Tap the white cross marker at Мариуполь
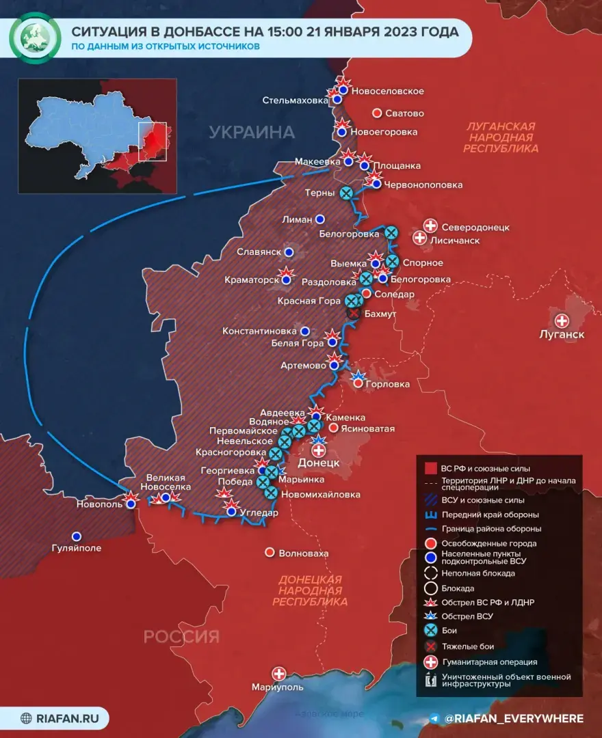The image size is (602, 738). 278,673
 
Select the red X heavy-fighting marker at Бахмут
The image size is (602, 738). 353,312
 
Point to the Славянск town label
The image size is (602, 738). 259,252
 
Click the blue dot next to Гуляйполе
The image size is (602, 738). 77,536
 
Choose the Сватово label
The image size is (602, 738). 406,113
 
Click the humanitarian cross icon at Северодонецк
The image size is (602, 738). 431,225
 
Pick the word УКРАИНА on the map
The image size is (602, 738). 252,132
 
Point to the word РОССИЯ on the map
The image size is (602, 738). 181,637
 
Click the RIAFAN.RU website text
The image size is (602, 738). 67,718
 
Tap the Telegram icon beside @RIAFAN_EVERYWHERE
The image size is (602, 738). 434,718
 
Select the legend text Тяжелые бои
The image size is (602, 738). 468,646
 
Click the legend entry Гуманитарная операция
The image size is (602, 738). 489,661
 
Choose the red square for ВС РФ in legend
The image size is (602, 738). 431,468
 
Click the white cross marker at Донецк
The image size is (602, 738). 319,450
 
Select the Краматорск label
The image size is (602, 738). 252,279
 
